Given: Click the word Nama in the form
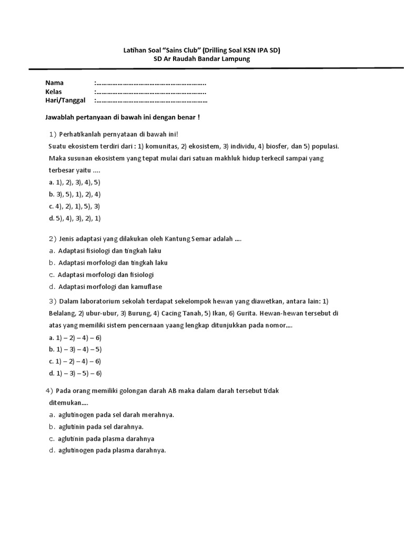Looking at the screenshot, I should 54,83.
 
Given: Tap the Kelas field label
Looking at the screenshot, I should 54,91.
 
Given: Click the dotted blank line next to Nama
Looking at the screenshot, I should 150,83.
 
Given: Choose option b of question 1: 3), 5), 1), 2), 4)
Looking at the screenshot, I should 74,194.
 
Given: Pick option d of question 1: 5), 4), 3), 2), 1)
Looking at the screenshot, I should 74,218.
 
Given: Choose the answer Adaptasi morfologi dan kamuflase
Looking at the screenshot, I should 110,286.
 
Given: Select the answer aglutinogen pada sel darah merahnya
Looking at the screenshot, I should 116,415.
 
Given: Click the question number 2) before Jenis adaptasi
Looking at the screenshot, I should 52,239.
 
